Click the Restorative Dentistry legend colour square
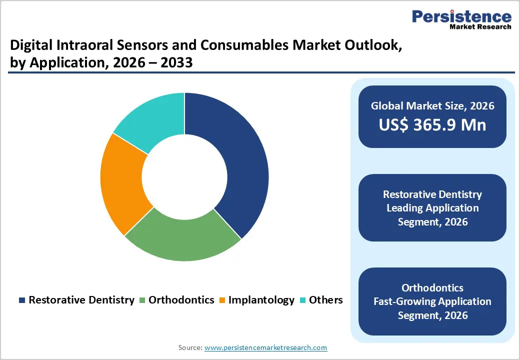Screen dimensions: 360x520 point(22,300)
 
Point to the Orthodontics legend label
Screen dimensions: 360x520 point(181,300)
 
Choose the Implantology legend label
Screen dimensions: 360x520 point(261,300)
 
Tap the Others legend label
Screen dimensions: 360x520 point(325,300)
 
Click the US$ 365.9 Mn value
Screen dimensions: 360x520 point(432,124)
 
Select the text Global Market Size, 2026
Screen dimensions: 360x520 point(432,105)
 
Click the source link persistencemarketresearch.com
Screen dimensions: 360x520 point(265,347)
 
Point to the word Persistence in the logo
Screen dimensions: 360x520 point(461,16)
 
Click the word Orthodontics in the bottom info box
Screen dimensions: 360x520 point(432,288)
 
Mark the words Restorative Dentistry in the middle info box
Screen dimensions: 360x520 point(432,194)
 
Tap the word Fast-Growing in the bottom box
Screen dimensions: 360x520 point(404,301)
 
